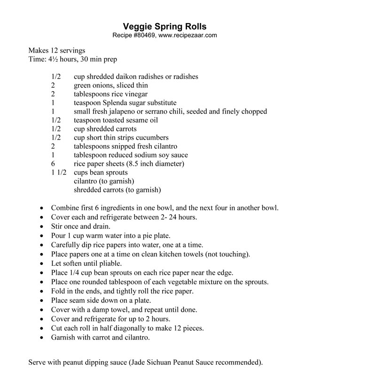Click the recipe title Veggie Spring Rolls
[164, 26]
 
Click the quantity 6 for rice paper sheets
[53, 164]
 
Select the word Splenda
[122, 103]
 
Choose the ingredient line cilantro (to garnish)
[104, 181]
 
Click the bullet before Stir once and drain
[43, 226]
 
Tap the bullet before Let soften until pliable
[43, 263]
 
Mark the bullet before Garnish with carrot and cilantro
[43, 338]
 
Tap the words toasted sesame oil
[126, 120]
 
